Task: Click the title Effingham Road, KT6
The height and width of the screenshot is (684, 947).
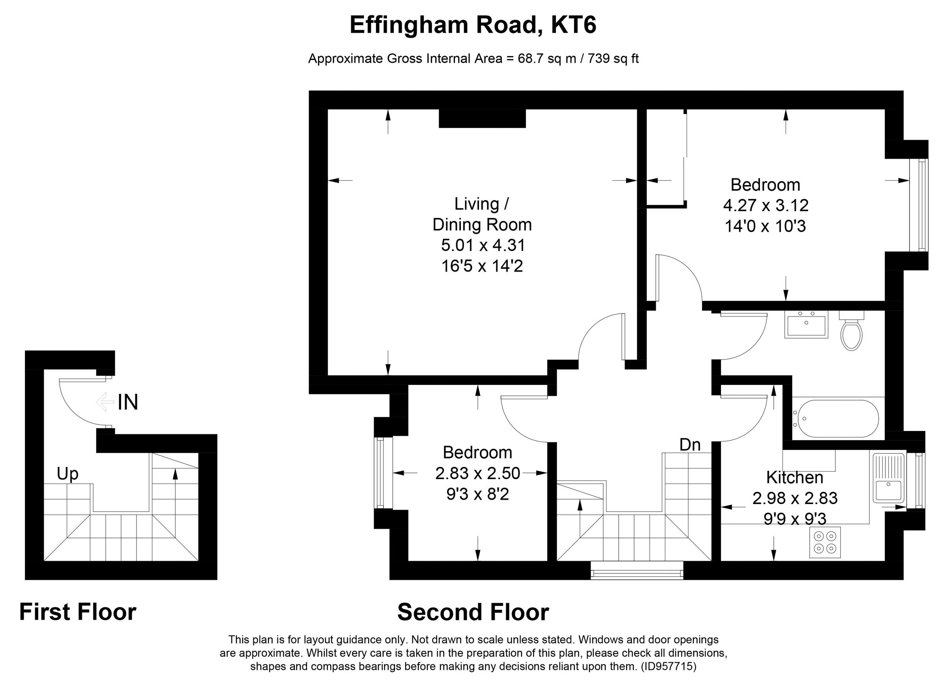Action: pyautogui.click(x=473, y=25)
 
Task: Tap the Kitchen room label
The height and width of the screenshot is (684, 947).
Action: pyautogui.click(x=795, y=477)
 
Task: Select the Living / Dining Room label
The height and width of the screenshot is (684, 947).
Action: pyautogui.click(x=482, y=214)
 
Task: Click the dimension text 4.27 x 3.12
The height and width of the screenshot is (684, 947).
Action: pyautogui.click(x=766, y=206)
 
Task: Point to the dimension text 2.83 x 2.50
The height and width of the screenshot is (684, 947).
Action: pyautogui.click(x=478, y=473)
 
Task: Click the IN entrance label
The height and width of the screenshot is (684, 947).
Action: pyautogui.click(x=128, y=402)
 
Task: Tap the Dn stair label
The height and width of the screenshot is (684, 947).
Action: pyautogui.click(x=690, y=445)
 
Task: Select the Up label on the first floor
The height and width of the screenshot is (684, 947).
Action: pyautogui.click(x=67, y=474)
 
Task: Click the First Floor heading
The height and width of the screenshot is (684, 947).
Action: pyautogui.click(x=78, y=612)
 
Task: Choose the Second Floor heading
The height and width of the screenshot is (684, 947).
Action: pyautogui.click(x=473, y=612)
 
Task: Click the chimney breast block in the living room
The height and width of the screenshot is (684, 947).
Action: pyautogui.click(x=482, y=118)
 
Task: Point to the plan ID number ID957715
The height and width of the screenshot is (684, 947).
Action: pyautogui.click(x=668, y=666)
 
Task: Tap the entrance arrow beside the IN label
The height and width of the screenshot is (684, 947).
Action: pyautogui.click(x=105, y=402)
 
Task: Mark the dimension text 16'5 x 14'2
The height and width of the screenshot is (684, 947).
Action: pyautogui.click(x=482, y=266)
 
